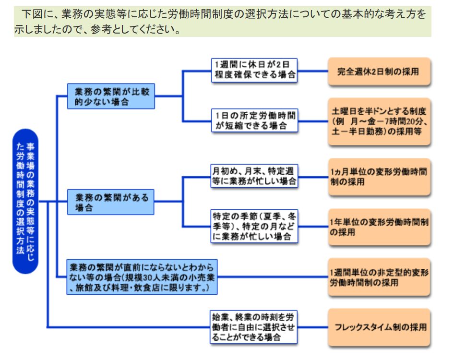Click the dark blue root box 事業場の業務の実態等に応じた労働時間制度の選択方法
click(x=25, y=202)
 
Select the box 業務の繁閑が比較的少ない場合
click(x=111, y=96)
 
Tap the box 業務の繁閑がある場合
click(x=111, y=202)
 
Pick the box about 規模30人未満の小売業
click(x=142, y=277)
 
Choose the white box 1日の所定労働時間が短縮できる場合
click(x=254, y=120)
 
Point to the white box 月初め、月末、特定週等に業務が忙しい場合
click(x=254, y=176)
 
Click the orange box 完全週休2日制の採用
click(x=379, y=72)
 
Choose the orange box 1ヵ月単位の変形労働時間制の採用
click(x=379, y=177)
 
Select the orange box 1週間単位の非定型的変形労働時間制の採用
click(x=379, y=277)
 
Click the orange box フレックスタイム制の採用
click(x=379, y=327)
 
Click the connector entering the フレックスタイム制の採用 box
click(x=313, y=328)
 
